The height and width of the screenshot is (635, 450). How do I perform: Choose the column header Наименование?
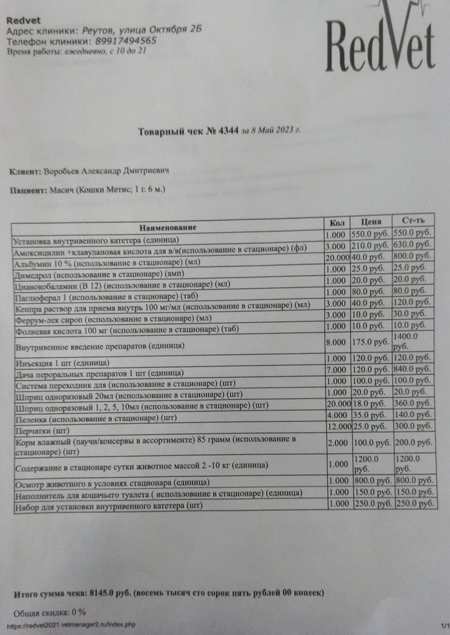pyautogui.click(x=167, y=227)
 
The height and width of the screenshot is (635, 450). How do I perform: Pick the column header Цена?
pyautogui.click(x=370, y=222)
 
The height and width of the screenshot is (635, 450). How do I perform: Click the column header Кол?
pyautogui.click(x=337, y=222)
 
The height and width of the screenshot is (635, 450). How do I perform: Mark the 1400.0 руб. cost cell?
pyautogui.click(x=413, y=341)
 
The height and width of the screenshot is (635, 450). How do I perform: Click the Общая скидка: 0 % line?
pyautogui.click(x=50, y=612)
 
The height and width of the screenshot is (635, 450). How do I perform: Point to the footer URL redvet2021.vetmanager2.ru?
pyautogui.click(x=71, y=625)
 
